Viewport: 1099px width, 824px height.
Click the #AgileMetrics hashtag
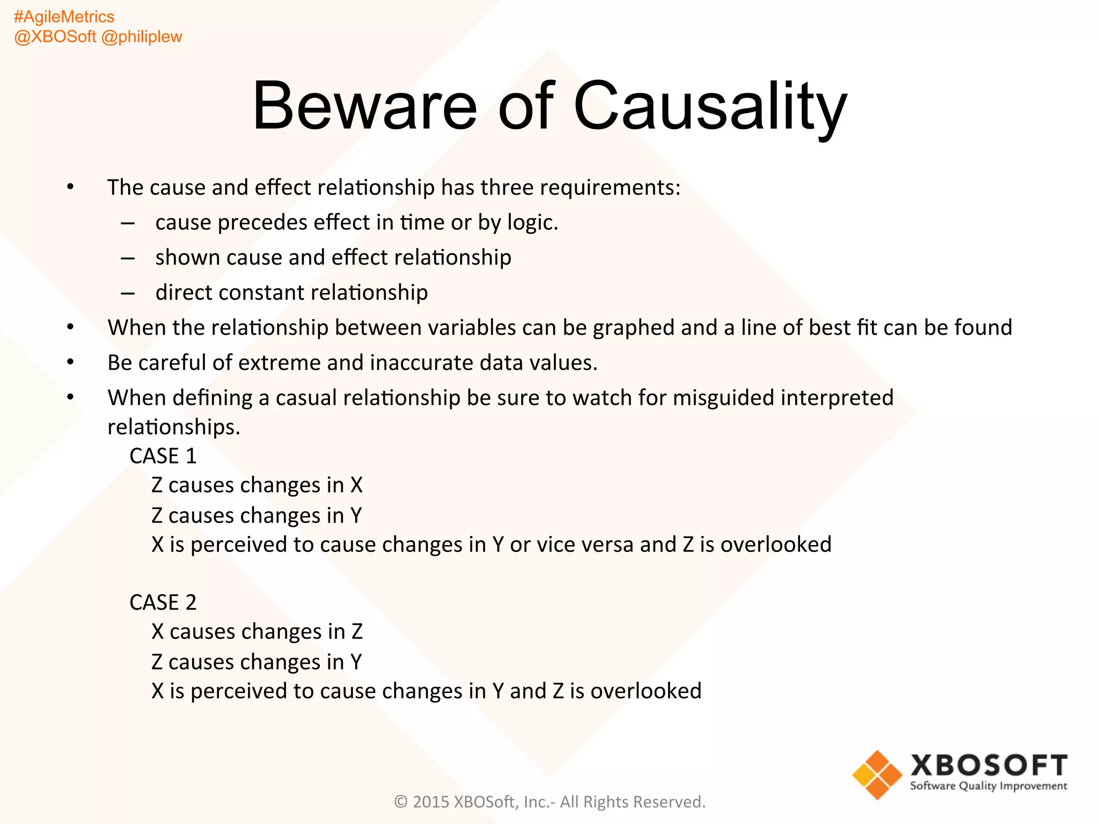click(x=64, y=17)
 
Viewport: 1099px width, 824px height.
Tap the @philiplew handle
click(x=142, y=37)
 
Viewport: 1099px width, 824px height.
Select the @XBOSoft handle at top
click(x=55, y=37)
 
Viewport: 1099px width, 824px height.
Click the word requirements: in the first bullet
click(x=610, y=188)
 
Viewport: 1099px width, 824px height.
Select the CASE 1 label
click(x=163, y=457)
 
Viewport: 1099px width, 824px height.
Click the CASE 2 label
click(x=163, y=603)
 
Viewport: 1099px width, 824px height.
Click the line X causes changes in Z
click(x=257, y=632)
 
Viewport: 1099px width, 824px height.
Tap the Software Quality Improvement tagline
click(x=988, y=786)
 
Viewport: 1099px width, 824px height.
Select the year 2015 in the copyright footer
click(x=431, y=802)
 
